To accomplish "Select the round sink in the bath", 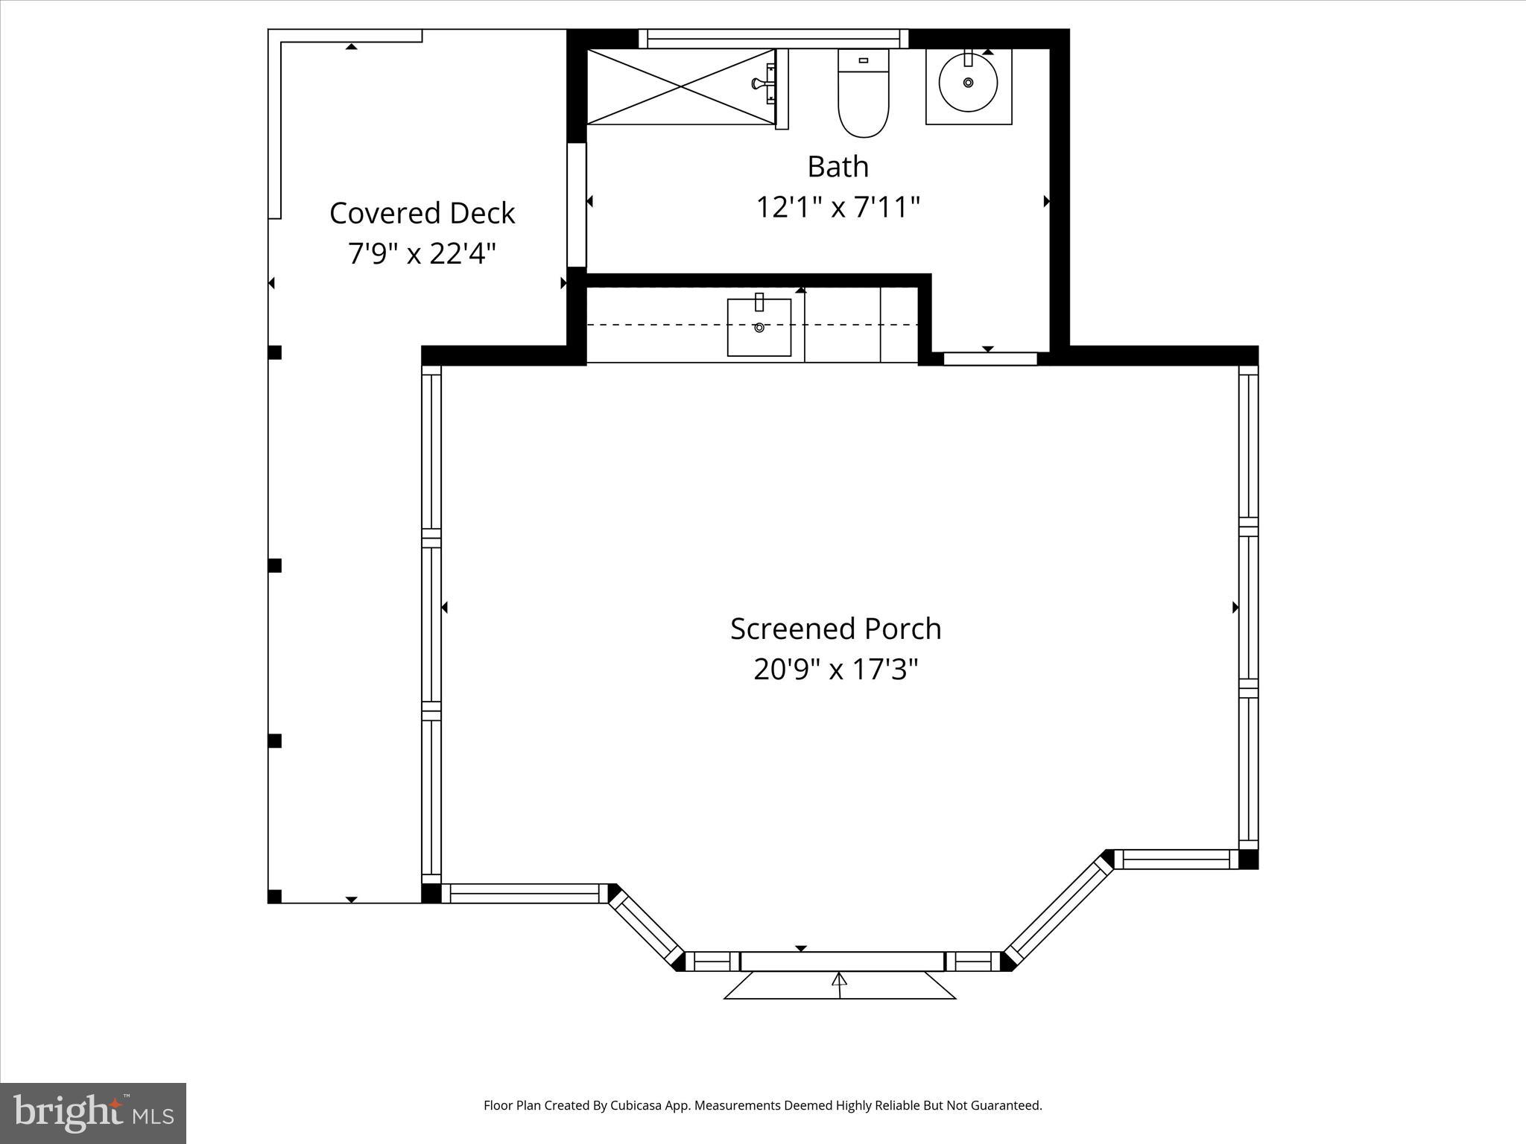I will coord(968,83).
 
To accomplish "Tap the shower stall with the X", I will coord(681,86).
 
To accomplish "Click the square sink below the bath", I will coord(759,328).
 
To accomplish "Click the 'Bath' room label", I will coord(838,167).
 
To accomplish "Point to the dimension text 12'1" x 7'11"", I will coord(838,207).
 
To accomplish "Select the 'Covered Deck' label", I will coord(422,213).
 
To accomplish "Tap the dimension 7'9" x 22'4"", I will coord(422,254).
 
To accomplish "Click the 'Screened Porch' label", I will coord(835,629).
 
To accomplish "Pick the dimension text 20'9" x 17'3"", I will coord(835,669).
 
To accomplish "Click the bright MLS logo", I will coord(93,1113).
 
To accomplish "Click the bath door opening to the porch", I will coord(990,359).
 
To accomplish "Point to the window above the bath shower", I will coord(773,39).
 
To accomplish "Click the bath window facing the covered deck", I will coord(577,205).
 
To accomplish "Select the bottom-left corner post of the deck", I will coord(275,896).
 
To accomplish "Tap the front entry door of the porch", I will coord(842,962).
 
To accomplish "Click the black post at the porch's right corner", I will coord(1248,859).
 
